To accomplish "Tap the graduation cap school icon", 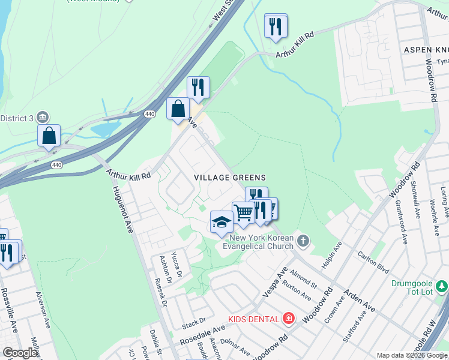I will pos(221,222).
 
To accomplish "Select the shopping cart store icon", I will pos(243,212).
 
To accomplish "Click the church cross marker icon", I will pos(304,242).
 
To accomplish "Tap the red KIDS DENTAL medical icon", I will pos(289,318).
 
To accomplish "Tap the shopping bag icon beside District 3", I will pos(49,135).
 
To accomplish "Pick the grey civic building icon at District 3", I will pos(42,116).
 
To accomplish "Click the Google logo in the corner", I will pos(20,353).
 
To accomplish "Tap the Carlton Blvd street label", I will pos(374,262).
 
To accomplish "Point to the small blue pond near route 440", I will pos(104,129).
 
